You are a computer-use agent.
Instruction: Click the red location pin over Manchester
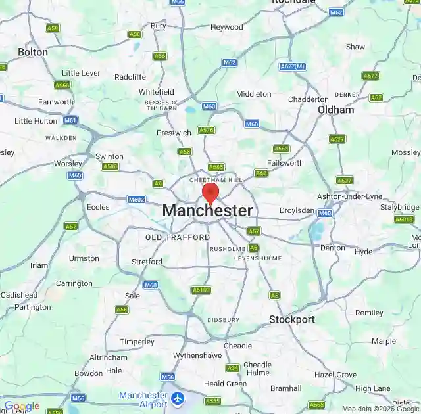[210, 193]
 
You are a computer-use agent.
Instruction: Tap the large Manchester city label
[207, 211]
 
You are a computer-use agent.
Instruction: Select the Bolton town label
[33, 51]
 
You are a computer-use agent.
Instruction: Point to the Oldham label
[335, 110]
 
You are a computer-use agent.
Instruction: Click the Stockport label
[291, 320]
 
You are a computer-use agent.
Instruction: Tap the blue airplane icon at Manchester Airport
[178, 398]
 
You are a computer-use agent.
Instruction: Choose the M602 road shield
[136, 199]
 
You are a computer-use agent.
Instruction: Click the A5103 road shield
[201, 290]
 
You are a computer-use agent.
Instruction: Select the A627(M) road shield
[293, 66]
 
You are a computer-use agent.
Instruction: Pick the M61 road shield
[70, 120]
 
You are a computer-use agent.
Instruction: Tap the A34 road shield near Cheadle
[232, 368]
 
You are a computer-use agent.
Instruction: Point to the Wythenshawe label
[197, 356]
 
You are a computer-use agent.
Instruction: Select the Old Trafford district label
[178, 237]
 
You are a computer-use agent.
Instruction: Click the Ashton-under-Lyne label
[349, 196]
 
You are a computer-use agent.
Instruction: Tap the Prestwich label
[174, 133]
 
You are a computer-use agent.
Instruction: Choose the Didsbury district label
[224, 320]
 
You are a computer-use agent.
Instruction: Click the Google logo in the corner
[22, 407]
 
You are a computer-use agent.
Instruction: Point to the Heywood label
[226, 27]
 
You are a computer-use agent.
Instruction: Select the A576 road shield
[206, 130]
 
